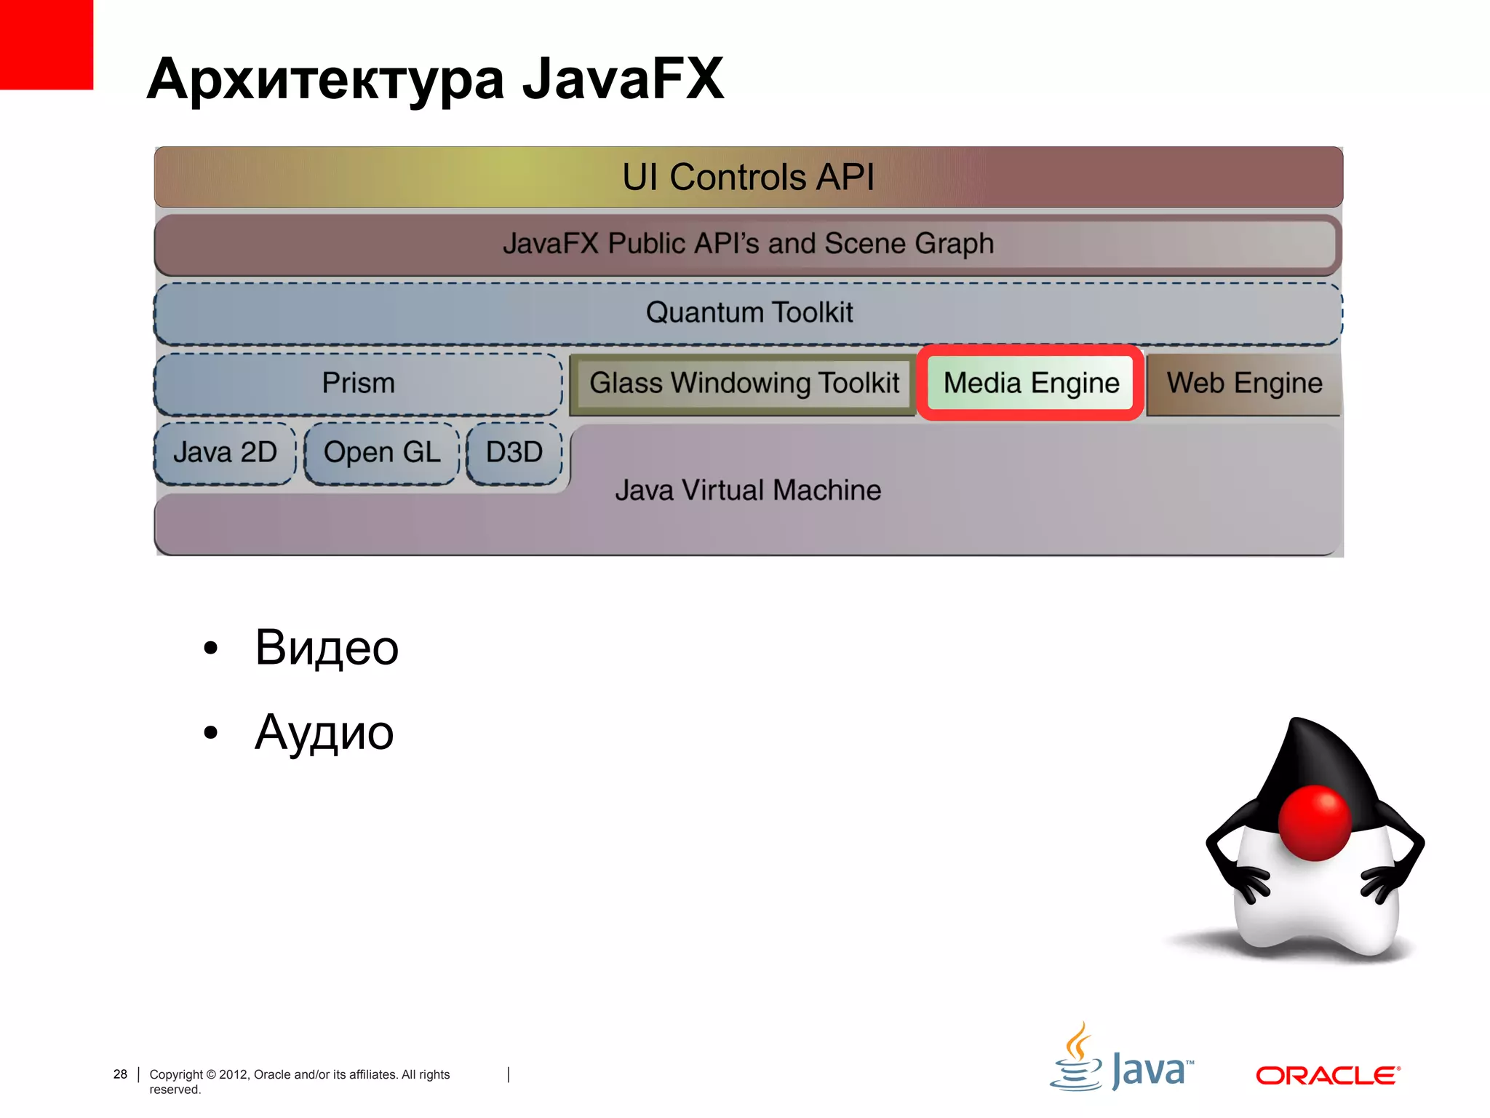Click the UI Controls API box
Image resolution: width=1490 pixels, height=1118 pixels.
click(x=748, y=177)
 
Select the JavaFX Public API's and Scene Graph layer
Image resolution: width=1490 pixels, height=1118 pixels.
click(x=748, y=244)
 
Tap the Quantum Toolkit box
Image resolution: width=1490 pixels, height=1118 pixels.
click(x=748, y=313)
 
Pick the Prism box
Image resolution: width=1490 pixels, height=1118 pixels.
click(x=358, y=384)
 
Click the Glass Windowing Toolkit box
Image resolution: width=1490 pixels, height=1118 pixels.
click(x=744, y=384)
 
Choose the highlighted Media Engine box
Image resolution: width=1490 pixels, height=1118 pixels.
click(x=1030, y=384)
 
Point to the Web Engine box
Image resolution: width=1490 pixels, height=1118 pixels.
click(x=1243, y=384)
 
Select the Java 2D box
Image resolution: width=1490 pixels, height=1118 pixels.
click(x=225, y=453)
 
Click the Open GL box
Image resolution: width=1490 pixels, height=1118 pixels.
click(x=381, y=453)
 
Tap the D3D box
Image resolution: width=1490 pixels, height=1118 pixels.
click(x=514, y=453)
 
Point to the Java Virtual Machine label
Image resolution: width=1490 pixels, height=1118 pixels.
click(x=748, y=491)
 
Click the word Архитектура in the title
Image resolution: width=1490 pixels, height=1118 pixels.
click(x=325, y=79)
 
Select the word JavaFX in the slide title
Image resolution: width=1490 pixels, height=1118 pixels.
click(x=623, y=79)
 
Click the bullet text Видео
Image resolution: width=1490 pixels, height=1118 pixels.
click(x=327, y=647)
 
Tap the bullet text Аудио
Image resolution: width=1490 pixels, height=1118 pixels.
click(x=324, y=732)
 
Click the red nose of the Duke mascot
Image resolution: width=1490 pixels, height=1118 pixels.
click(x=1315, y=822)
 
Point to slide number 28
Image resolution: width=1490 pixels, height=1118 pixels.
click(x=120, y=1074)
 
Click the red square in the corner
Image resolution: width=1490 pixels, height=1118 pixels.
click(x=46, y=44)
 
